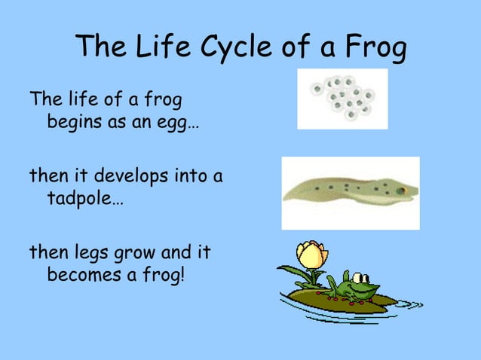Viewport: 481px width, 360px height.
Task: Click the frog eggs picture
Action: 342,99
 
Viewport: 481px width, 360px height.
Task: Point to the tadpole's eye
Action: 402,191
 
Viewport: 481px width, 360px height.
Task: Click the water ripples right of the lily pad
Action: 407,304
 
